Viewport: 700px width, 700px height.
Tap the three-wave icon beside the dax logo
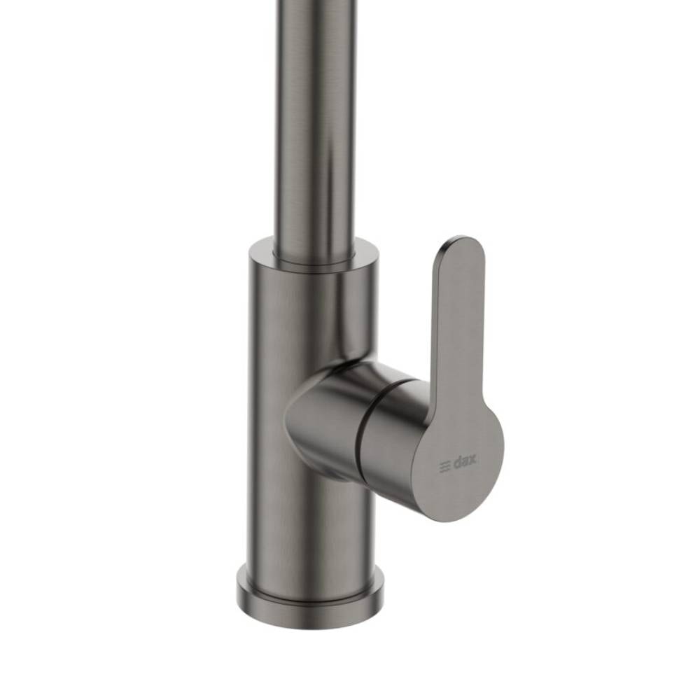tap(444, 466)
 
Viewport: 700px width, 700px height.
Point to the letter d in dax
tap(456, 463)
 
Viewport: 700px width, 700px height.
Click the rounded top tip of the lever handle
tap(462, 245)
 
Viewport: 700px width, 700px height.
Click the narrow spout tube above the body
tap(315, 140)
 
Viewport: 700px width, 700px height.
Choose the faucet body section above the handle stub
tap(308, 315)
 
